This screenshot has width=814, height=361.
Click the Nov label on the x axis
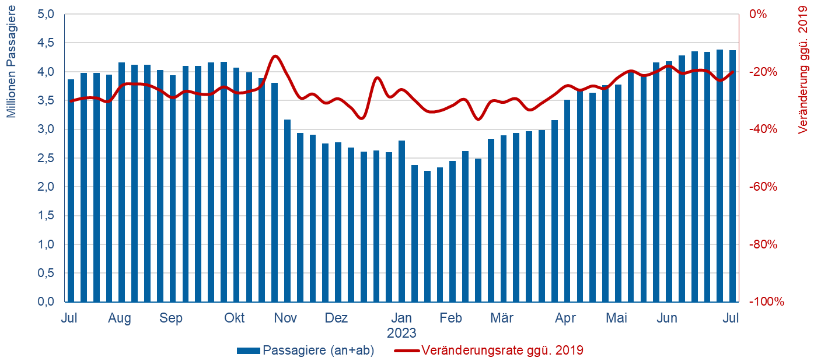[285, 318]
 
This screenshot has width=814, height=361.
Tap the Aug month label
[120, 318]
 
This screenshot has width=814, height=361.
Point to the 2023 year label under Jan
[401, 334]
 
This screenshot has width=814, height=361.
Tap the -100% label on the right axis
[766, 302]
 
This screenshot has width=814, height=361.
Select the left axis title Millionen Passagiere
[12, 67]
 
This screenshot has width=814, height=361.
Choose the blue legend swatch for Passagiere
[249, 351]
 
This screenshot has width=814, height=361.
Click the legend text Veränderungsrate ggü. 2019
[502, 351]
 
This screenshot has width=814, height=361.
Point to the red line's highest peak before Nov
[275, 56]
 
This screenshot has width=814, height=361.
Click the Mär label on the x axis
[501, 318]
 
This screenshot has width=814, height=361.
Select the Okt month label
[235, 318]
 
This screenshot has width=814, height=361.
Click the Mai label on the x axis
[616, 318]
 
